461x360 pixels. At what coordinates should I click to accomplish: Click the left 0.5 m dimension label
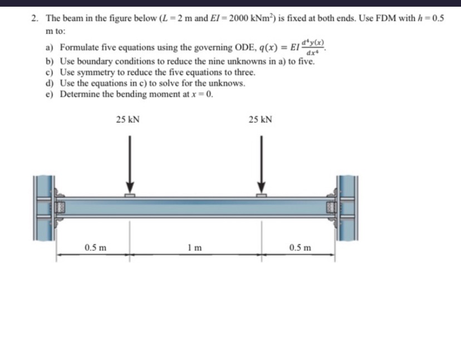coord(96,247)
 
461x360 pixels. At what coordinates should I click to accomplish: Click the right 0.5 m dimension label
coord(301,247)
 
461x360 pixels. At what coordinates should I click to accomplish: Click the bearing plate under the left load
coord(130,195)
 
